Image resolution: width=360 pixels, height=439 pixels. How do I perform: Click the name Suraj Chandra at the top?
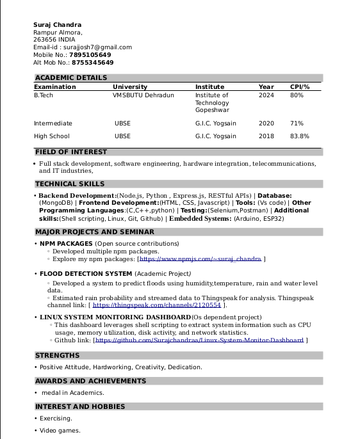pyautogui.click(x=58, y=25)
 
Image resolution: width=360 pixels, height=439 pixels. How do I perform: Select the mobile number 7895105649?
pyautogui.click(x=91, y=55)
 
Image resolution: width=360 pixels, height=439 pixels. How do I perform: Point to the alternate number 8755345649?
pyautogui.click(x=93, y=63)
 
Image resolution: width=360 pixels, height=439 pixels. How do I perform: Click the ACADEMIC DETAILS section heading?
pyautogui.click(x=71, y=78)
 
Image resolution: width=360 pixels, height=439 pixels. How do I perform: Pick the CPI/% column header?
pyautogui.click(x=300, y=87)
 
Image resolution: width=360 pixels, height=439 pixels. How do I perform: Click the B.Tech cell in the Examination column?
pyautogui.click(x=44, y=95)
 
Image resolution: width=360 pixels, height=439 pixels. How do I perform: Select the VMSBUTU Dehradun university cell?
pyautogui.click(x=143, y=95)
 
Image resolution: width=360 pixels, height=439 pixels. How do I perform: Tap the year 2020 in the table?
pyautogui.click(x=266, y=124)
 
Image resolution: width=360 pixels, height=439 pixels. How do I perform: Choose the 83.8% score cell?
pyautogui.click(x=300, y=136)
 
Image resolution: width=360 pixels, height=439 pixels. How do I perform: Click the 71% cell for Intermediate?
pyautogui.click(x=297, y=124)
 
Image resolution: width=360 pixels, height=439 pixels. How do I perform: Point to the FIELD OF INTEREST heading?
pyautogui.click(x=71, y=152)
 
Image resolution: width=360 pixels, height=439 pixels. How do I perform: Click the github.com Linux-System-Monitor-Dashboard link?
pyautogui.click(x=199, y=340)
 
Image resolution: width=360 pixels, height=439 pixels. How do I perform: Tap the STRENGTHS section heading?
pyautogui.click(x=58, y=356)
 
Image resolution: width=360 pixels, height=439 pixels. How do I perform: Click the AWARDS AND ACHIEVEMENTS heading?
pyautogui.click(x=90, y=381)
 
